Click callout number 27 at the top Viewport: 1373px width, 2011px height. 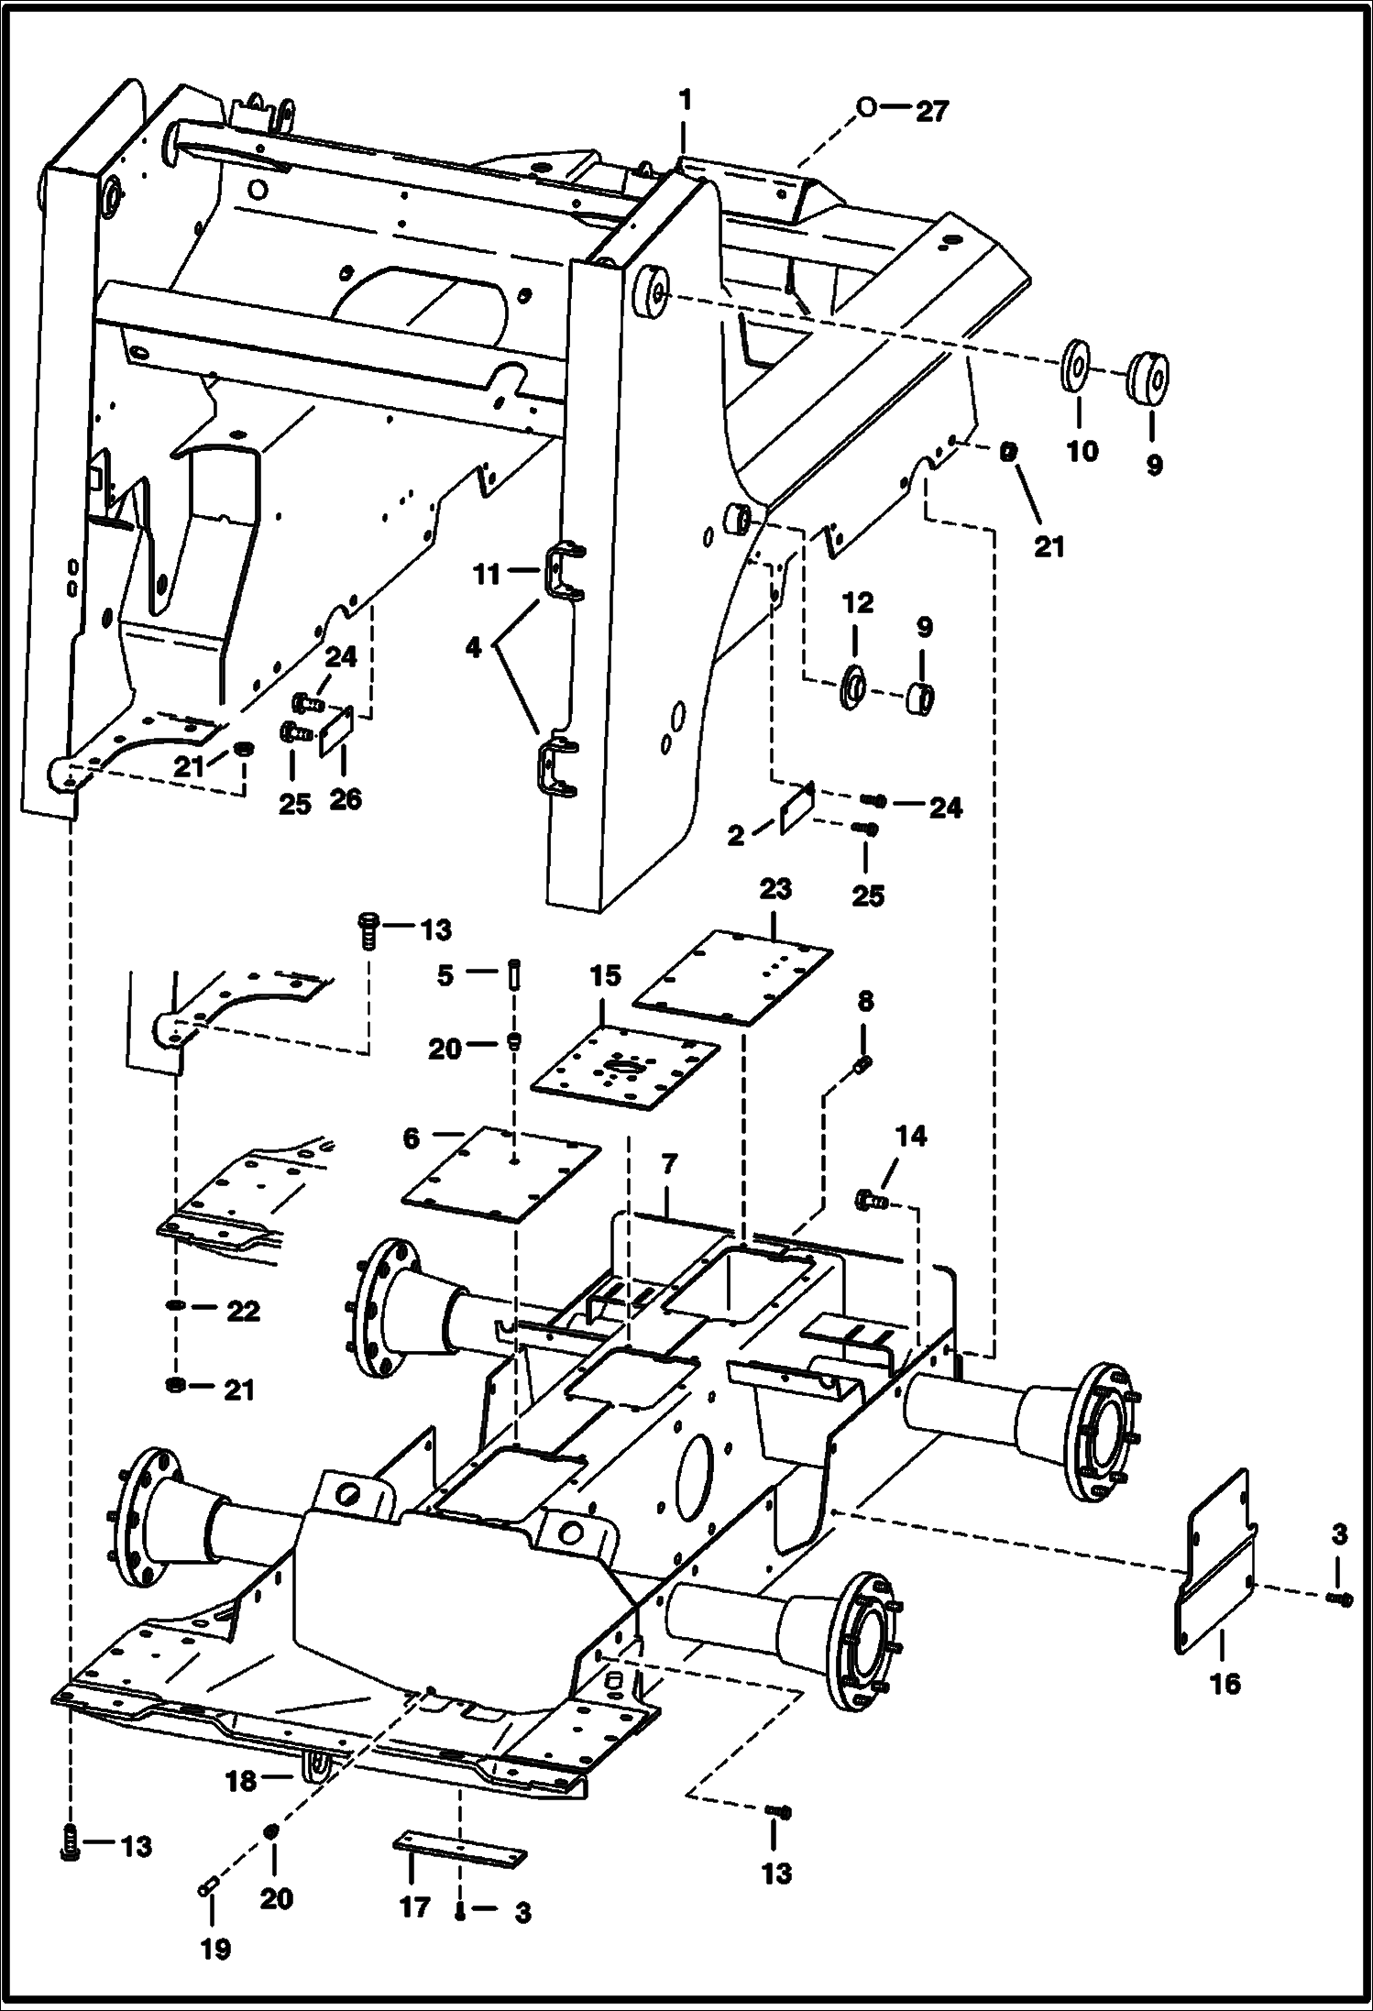pos(932,112)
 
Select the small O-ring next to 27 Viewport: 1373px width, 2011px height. pos(865,107)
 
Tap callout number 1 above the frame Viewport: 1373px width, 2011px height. pos(685,99)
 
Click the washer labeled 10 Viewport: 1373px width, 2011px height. pos(1076,368)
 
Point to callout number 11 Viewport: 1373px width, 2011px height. pos(487,575)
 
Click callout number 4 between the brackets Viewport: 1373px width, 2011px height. pos(473,648)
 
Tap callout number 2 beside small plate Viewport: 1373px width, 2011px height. pos(736,835)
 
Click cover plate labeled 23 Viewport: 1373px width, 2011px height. pos(732,978)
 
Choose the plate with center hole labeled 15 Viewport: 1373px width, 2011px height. pos(625,1069)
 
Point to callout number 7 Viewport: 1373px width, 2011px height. pos(669,1164)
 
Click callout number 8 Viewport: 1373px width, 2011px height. pos(866,1002)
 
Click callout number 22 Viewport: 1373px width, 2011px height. pos(243,1312)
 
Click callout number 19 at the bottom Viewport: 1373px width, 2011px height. pos(215,1950)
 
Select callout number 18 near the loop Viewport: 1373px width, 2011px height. pos(241,1780)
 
